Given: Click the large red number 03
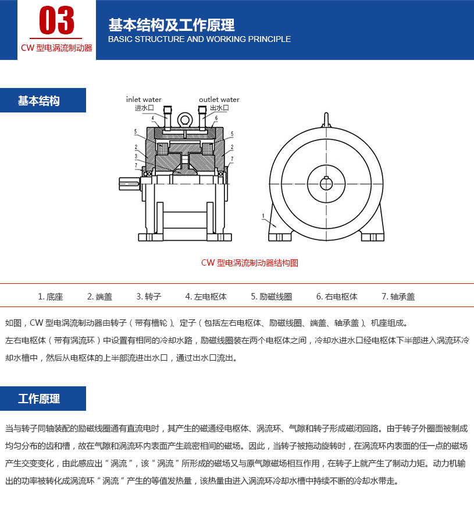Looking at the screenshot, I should coord(56,21).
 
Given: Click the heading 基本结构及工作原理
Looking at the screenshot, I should coord(171,25).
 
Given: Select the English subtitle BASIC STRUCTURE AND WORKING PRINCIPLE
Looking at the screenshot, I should coord(199,39).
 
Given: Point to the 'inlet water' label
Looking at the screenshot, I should coord(144,100).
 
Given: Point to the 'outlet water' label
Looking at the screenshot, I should coord(219,100).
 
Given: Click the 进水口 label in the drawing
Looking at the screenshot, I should coord(144,108).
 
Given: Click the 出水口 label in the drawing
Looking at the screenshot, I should coord(219,108).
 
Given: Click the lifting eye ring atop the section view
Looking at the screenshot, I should coord(185,120).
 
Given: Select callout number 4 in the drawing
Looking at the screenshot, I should coord(152,118).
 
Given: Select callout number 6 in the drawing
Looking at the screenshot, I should coord(216,118).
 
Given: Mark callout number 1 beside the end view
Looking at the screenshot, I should coord(263,216).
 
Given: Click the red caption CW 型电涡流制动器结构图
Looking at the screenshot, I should coord(250,263).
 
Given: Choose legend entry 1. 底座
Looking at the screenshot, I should coord(51,297).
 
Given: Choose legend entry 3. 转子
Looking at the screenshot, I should coord(148,297).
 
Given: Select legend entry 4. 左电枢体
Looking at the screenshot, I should coord(206,297).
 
